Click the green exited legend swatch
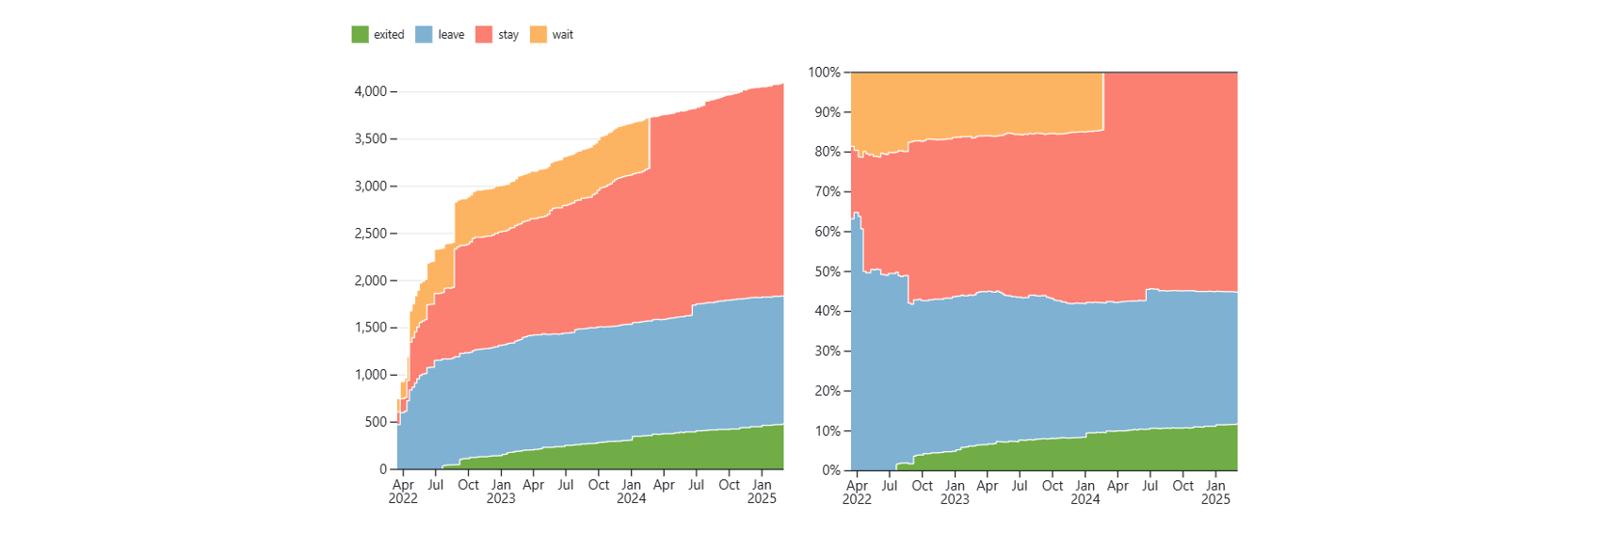click(360, 35)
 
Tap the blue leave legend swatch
click(424, 35)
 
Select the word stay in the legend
click(508, 35)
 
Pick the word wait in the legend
click(562, 35)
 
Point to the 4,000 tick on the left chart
click(370, 91)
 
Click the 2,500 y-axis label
click(370, 234)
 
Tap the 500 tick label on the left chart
click(377, 422)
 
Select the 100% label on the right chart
click(824, 72)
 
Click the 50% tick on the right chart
click(828, 271)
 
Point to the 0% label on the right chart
click(831, 470)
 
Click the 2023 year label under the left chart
click(501, 499)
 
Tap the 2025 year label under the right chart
click(1216, 499)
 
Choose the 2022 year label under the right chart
click(857, 499)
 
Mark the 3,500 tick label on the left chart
click(370, 138)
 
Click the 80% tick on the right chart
click(828, 152)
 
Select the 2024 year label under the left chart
click(632, 499)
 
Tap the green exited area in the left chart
click(646, 452)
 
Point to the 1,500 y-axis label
click(370, 328)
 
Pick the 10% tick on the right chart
click(828, 430)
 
